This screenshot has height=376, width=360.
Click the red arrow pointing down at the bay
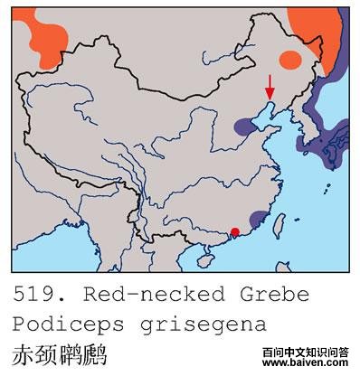click(269, 89)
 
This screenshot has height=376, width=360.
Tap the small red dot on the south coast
click(235, 232)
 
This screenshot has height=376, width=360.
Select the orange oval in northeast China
click(290, 60)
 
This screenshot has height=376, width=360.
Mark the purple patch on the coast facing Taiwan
click(259, 219)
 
